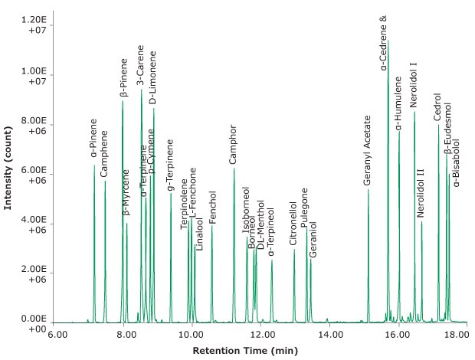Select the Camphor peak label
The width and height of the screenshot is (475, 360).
click(x=234, y=146)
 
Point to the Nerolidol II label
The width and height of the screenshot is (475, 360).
click(x=421, y=192)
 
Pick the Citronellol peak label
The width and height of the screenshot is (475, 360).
click(x=293, y=224)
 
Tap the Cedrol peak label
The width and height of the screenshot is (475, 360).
click(x=437, y=107)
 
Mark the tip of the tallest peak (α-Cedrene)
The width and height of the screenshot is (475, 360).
click(x=388, y=40)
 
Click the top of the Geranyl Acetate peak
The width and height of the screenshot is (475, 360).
click(x=369, y=189)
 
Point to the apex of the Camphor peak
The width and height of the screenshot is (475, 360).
click(x=234, y=169)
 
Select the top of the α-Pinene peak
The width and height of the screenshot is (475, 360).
click(x=95, y=165)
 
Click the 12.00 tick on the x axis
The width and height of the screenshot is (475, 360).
click(x=261, y=334)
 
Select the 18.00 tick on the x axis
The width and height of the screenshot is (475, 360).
click(x=456, y=334)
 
